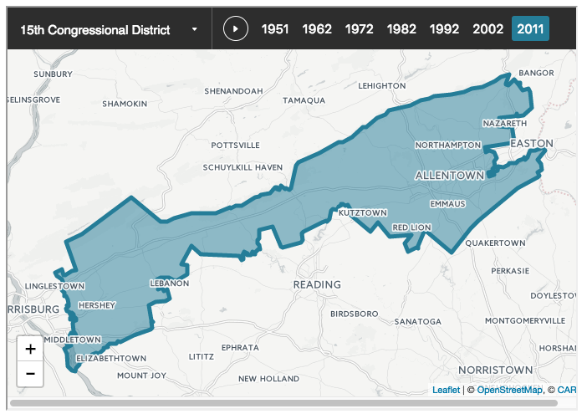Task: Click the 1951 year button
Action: [x=275, y=29]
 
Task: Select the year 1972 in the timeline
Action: [x=359, y=29]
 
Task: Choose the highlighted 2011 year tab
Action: [x=530, y=29]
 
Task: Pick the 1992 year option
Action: [x=444, y=29]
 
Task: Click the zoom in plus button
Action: [x=30, y=350]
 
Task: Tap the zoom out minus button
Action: [x=30, y=373]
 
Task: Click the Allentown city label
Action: [x=450, y=176]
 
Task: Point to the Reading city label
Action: [x=317, y=284]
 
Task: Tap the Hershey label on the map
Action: [x=96, y=305]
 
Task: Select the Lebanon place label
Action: [x=170, y=284]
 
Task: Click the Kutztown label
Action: [x=363, y=213]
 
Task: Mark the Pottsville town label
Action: [x=237, y=146]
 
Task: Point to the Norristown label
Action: [x=495, y=370]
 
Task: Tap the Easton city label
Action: [x=532, y=144]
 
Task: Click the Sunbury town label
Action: [x=54, y=74]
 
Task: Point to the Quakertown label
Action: [x=496, y=243]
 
